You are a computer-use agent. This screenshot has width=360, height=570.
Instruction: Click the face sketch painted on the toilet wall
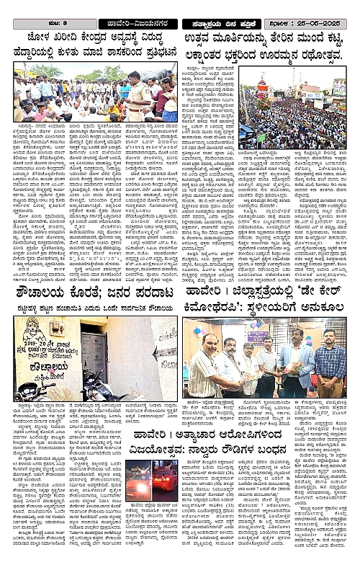(32, 329)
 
